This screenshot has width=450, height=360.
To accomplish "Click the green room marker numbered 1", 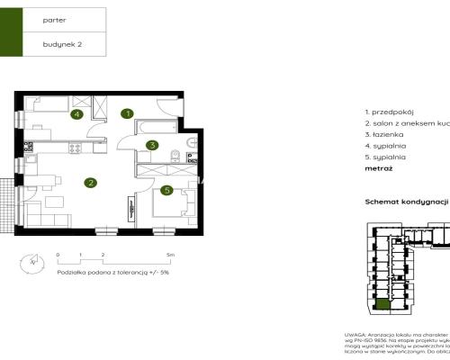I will (x=128, y=113).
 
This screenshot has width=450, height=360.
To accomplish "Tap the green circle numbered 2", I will (x=91, y=184).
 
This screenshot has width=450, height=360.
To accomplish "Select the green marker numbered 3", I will (x=153, y=145).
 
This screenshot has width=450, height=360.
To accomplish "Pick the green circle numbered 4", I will (x=77, y=114).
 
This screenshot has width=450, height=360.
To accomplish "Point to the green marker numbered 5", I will (x=166, y=190).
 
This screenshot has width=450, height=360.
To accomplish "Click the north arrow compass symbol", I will (x=34, y=262).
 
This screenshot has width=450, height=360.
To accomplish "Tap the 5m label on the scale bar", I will (x=171, y=256).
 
